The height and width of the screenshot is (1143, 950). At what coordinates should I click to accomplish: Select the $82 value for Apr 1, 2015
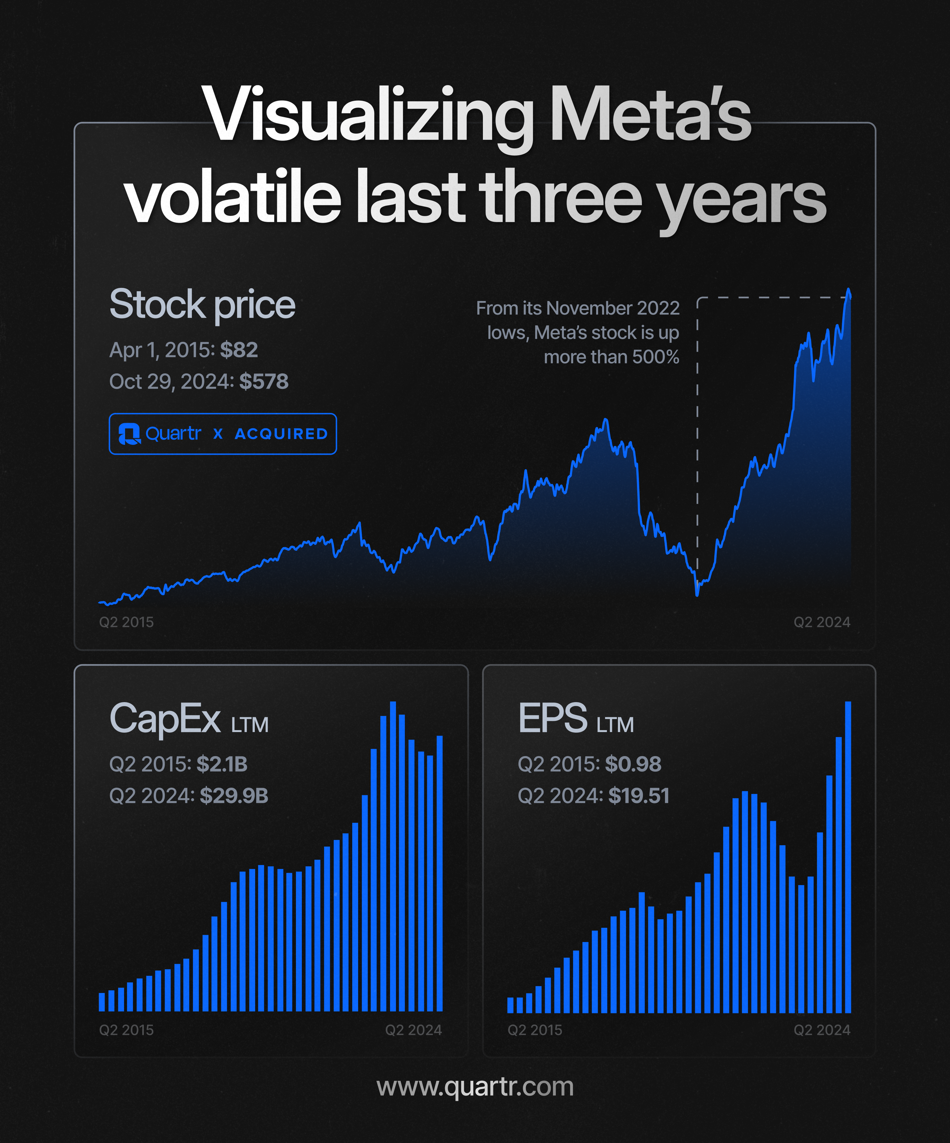pos(239,350)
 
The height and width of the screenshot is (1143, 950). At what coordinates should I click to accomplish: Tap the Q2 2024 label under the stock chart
pos(822,622)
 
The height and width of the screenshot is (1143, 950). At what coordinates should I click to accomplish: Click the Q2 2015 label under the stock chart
pos(126,622)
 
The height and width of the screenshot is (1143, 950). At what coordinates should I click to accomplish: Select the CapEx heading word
pos(165,718)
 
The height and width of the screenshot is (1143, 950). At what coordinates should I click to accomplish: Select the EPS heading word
pos(553,718)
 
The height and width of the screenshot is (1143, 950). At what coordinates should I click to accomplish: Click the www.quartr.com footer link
pos(475,1087)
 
